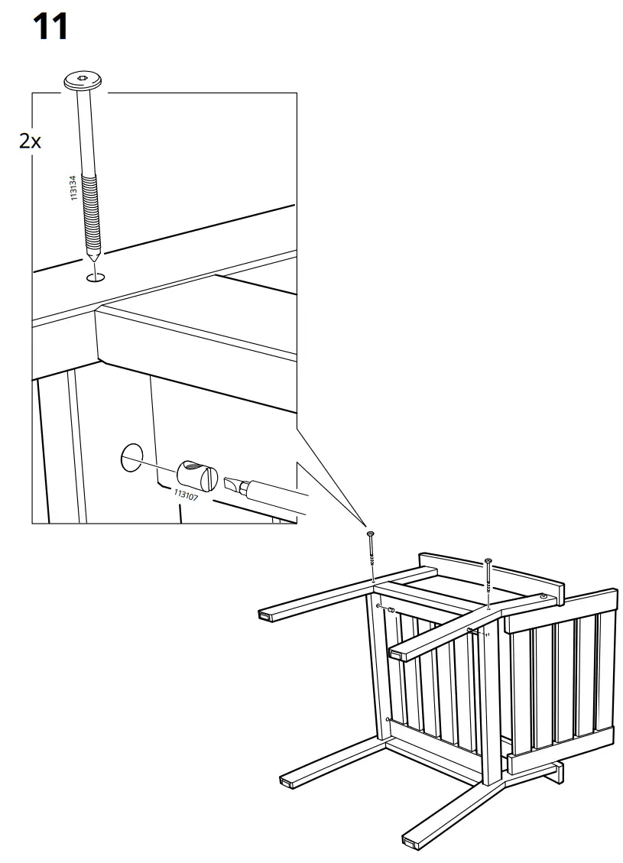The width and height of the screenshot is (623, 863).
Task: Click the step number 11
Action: pyautogui.click(x=50, y=28)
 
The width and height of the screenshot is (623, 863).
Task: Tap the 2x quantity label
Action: pyautogui.click(x=31, y=141)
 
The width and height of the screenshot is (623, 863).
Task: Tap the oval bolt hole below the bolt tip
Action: pyautogui.click(x=96, y=277)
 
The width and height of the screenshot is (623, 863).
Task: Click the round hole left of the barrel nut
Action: pyautogui.click(x=131, y=456)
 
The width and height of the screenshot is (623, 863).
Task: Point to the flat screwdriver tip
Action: pyautogui.click(x=233, y=485)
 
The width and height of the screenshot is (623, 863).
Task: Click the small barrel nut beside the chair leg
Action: pyautogui.click(x=389, y=610)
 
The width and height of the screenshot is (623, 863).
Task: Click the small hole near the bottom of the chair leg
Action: pyautogui.click(x=388, y=720)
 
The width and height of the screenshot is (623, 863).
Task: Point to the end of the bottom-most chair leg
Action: pyautogui.click(x=410, y=842)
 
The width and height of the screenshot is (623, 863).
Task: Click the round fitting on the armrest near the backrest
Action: pyautogui.click(x=544, y=596)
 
